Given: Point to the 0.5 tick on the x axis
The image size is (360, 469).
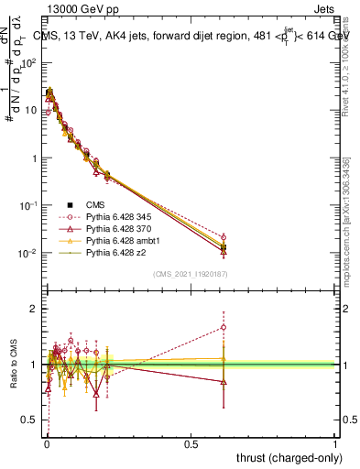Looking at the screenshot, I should (x=191, y=443).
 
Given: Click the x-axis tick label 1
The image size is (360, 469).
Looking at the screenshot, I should (x=335, y=443).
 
